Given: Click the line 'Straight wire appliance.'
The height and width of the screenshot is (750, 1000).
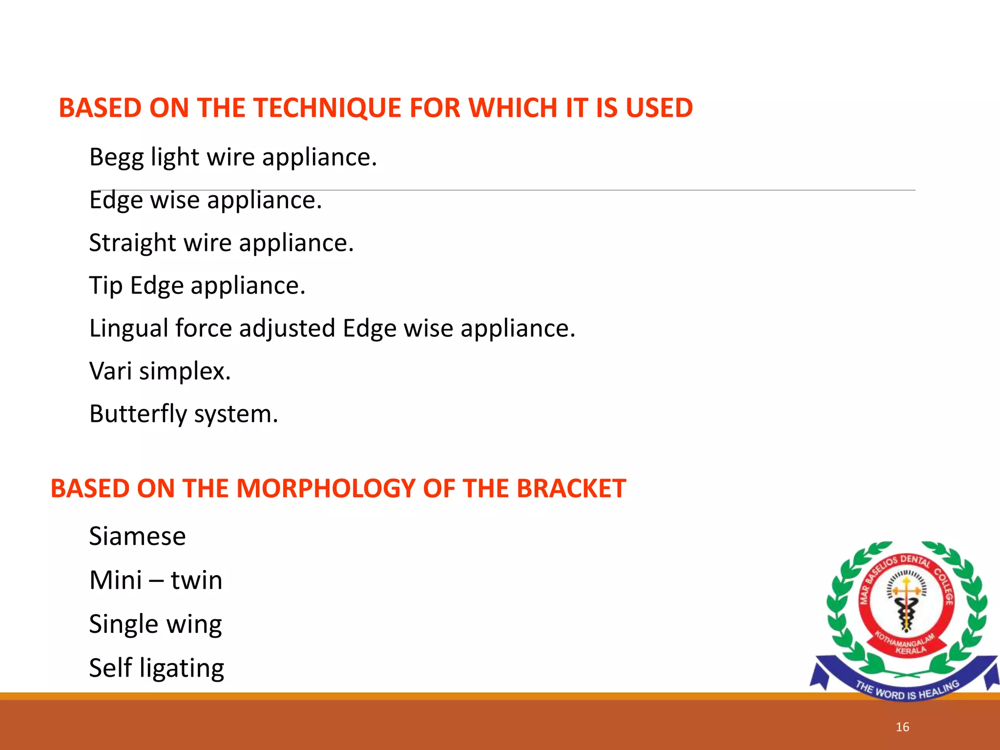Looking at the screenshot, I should click(221, 243).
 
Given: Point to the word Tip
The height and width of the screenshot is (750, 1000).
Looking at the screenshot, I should click(105, 286).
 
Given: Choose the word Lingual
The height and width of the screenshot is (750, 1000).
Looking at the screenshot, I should click(129, 329).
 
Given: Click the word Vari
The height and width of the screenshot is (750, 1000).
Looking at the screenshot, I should click(111, 371).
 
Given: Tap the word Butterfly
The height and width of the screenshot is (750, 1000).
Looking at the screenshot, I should click(138, 414).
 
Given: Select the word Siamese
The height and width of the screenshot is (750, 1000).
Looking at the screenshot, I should click(137, 536).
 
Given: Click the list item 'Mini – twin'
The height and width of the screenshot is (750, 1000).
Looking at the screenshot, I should click(156, 580).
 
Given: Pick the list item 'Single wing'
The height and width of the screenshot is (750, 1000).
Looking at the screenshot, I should click(155, 624).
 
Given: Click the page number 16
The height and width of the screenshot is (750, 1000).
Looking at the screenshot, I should click(902, 727).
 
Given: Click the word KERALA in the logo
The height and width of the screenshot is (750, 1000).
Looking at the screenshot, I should click(911, 650).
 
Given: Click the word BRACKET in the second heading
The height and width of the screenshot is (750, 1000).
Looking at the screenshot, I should click(571, 488).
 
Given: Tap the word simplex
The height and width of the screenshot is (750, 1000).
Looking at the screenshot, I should click(185, 371).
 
